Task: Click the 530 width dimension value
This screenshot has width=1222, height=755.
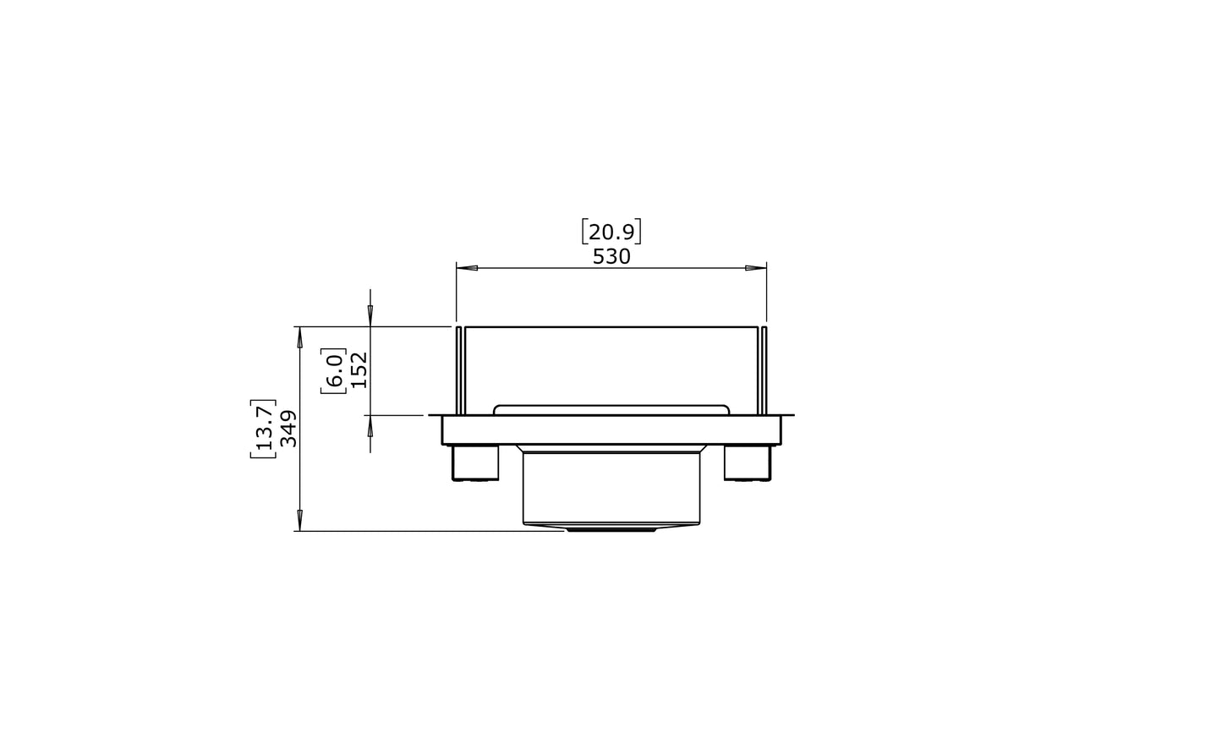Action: [611, 257]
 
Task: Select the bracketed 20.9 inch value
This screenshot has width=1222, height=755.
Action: [611, 232]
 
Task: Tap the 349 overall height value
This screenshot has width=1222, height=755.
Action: [288, 429]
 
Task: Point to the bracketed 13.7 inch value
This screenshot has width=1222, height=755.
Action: [264, 429]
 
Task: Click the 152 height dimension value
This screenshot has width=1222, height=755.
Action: [359, 370]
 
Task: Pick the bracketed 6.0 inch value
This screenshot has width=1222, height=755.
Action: [334, 370]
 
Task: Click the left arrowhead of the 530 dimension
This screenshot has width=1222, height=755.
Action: [467, 268]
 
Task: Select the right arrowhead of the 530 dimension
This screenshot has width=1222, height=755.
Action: [755, 268]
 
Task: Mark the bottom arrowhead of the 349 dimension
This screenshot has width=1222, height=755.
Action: [299, 521]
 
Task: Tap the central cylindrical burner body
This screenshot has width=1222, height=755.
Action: [611, 488]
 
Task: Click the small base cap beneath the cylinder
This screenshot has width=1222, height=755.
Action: [611, 529]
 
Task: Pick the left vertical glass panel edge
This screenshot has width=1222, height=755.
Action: [459, 370]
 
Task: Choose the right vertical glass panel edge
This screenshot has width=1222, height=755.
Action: [764, 370]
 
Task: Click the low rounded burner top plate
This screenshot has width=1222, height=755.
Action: [611, 409]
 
